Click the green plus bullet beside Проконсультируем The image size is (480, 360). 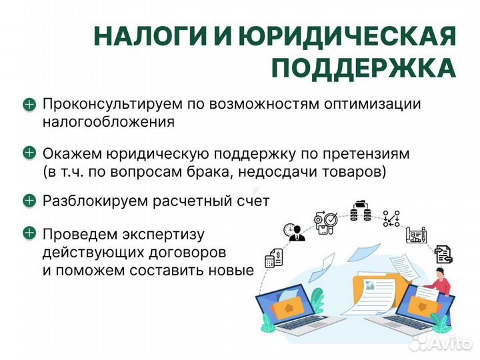pyautogui.click(x=29, y=104)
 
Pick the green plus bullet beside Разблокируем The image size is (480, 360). pyautogui.click(x=29, y=200)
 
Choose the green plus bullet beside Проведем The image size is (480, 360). pyautogui.click(x=29, y=233)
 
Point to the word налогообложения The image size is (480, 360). pyautogui.click(x=108, y=122)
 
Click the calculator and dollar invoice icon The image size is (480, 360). pyautogui.click(x=274, y=257)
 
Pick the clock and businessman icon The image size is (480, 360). pyautogui.click(x=293, y=231)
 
